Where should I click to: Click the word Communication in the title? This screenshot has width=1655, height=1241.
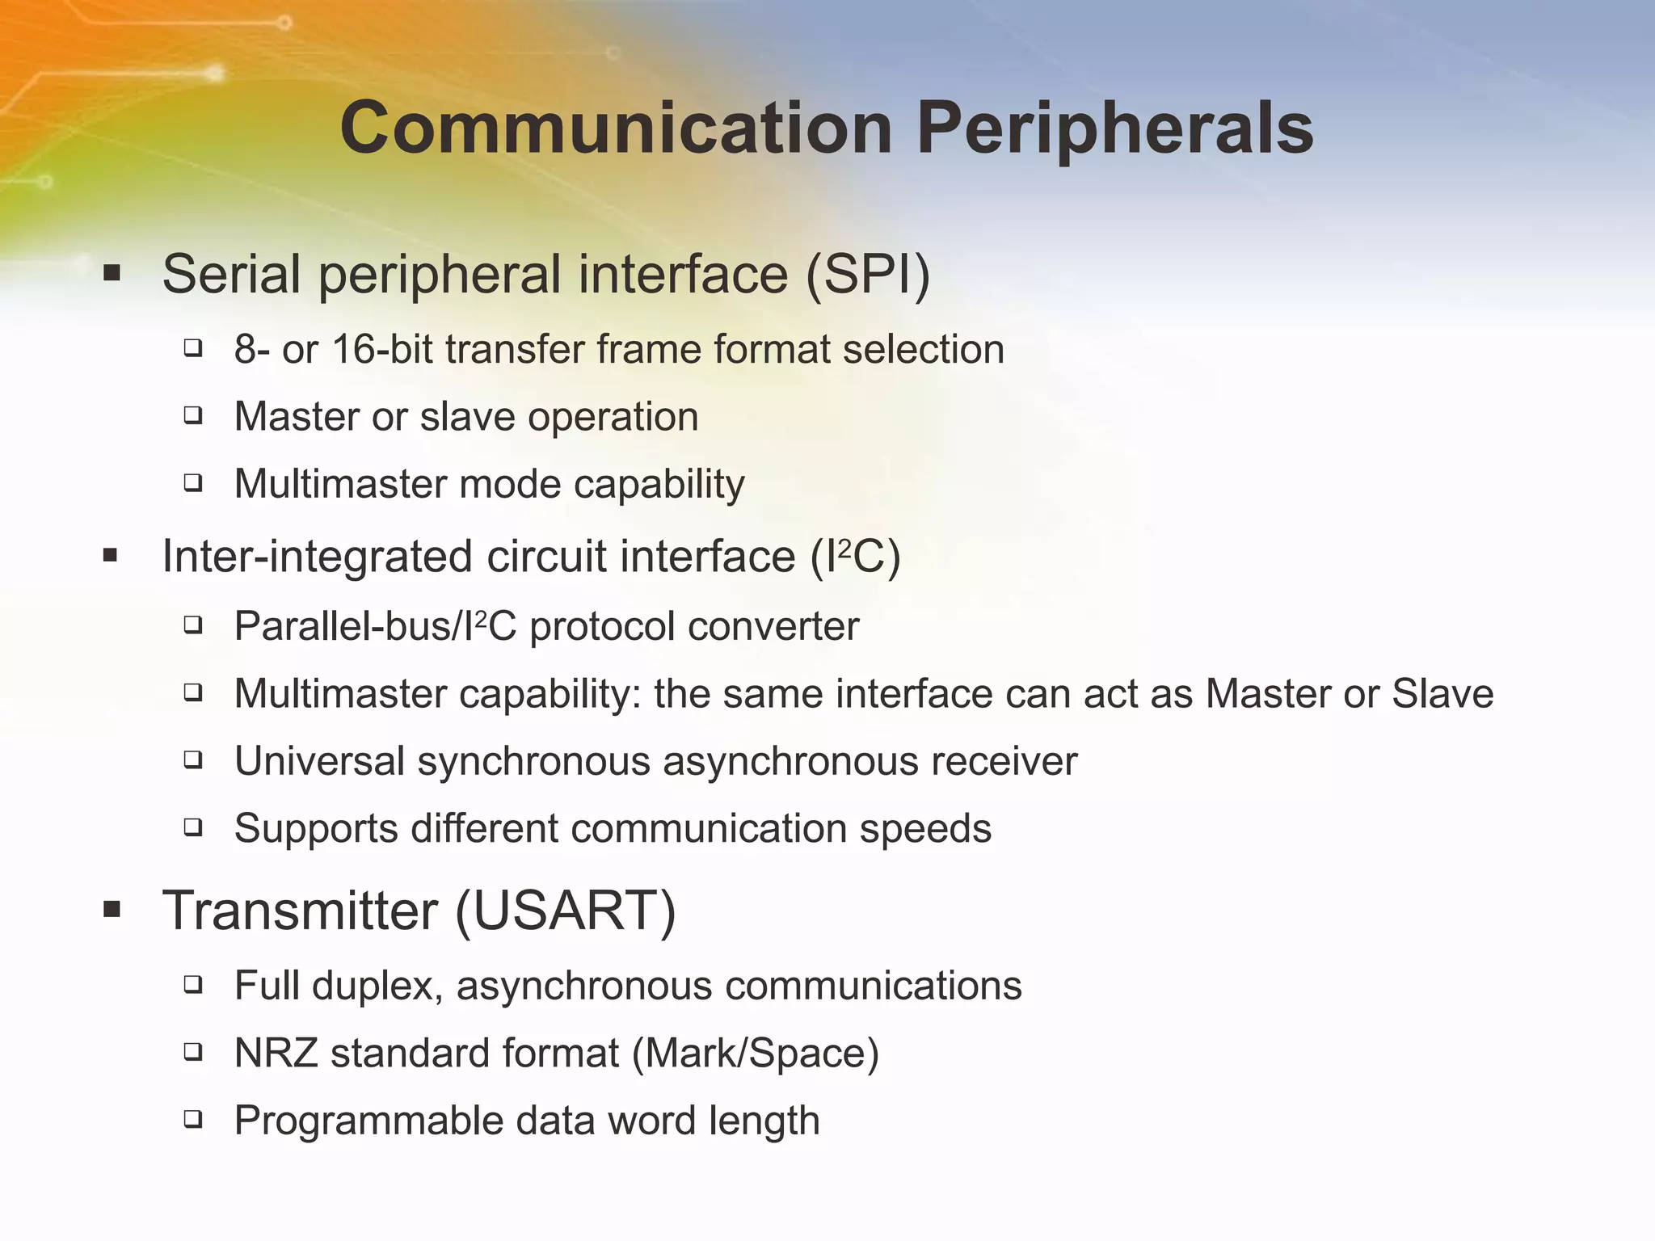click(x=616, y=129)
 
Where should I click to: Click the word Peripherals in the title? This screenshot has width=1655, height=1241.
click(x=1114, y=129)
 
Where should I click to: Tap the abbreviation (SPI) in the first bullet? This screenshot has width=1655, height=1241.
click(x=868, y=274)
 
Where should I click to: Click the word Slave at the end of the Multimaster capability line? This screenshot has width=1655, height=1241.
click(x=1442, y=694)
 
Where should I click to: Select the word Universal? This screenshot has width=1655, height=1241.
click(x=319, y=761)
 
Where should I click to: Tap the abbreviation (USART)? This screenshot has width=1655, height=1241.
click(x=566, y=911)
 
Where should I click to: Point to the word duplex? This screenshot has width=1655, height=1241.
click(x=377, y=986)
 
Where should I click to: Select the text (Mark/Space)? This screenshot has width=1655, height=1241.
click(x=755, y=1054)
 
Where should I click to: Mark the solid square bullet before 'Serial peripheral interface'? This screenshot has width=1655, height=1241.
click(x=112, y=274)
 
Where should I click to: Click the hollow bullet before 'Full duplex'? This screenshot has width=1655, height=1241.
click(x=192, y=985)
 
